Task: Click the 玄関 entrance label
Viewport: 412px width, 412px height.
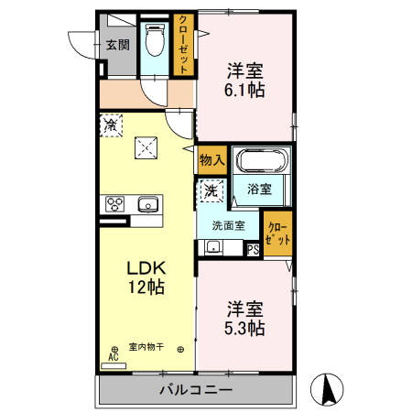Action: (x=116, y=44)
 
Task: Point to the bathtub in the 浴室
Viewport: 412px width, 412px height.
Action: (x=263, y=161)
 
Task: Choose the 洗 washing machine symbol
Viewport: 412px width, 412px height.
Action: (x=211, y=191)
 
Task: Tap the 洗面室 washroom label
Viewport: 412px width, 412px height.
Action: (x=228, y=225)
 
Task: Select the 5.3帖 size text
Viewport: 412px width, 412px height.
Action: (x=246, y=328)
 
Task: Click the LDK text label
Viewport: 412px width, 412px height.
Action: (x=145, y=268)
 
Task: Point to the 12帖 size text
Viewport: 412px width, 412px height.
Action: (x=145, y=287)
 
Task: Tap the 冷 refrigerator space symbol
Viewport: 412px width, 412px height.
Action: (x=111, y=123)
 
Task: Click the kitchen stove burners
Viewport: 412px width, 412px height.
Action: (x=115, y=203)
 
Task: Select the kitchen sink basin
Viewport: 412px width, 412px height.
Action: (x=146, y=203)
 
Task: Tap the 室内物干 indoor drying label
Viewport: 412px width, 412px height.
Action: (x=146, y=346)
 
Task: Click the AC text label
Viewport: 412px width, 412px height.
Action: (x=114, y=358)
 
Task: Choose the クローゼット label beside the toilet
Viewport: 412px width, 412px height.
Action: (x=184, y=44)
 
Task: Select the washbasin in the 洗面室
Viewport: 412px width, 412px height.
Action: (x=212, y=246)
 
